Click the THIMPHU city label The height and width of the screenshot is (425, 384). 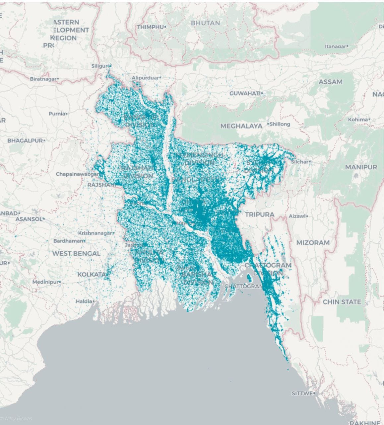150,27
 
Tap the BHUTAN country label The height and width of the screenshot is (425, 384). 205,23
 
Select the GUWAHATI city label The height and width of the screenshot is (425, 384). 245,94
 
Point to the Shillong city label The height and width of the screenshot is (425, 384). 280,124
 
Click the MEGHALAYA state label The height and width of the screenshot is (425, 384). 241,126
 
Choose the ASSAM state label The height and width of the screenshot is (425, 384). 330,82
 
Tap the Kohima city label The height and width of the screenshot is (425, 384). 358,120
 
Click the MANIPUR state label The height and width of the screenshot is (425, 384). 361,167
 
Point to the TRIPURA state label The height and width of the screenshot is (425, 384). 260,214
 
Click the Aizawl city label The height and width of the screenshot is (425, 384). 297,216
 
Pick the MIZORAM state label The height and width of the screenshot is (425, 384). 313,243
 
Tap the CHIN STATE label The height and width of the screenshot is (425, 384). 342,302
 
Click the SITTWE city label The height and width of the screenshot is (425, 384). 302,393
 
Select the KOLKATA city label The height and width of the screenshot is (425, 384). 92,275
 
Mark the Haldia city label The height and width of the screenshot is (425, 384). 84,301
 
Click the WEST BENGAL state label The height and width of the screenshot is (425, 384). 76,253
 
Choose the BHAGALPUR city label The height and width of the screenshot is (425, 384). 25,140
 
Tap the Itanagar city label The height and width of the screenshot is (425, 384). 336,46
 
